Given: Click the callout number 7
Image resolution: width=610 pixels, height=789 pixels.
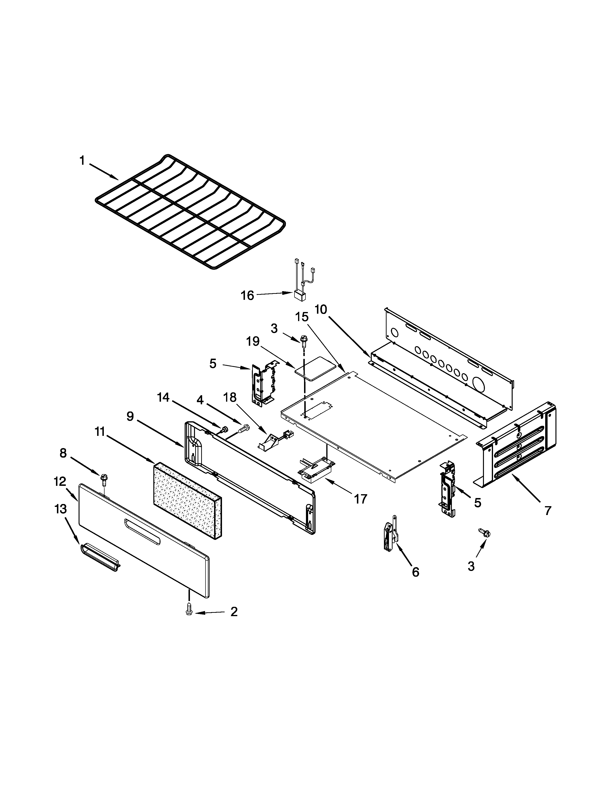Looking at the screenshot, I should tap(548, 510).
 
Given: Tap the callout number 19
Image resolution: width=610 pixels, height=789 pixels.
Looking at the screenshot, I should tap(253, 341).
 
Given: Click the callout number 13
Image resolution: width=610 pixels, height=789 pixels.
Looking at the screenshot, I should tap(61, 509).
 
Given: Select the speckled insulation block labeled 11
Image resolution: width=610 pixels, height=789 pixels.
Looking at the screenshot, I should tap(187, 500).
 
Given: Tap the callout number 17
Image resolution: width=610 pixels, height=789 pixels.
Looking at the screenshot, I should tap(360, 499).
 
